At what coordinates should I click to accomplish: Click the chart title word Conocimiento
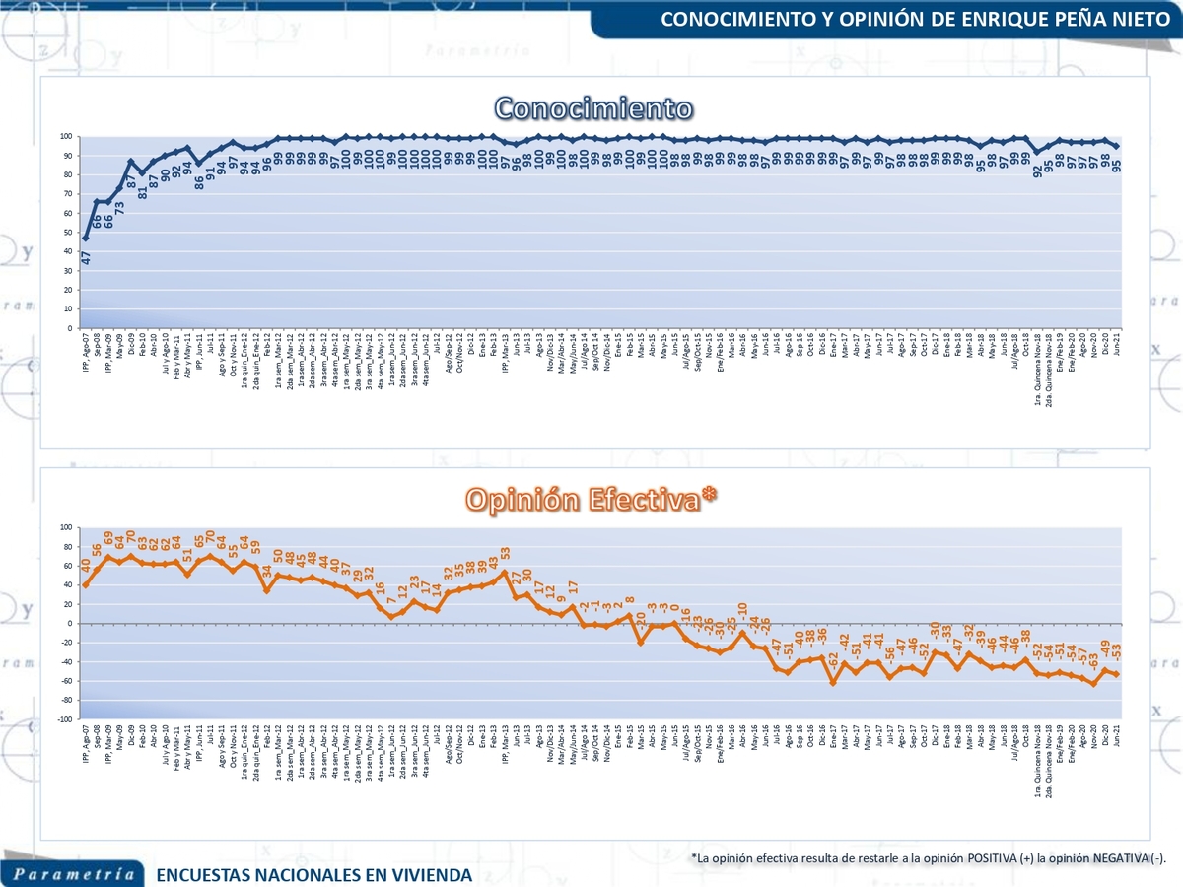tap(592, 107)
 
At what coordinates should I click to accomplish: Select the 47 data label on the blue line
tap(87, 256)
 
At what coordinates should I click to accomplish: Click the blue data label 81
tap(143, 191)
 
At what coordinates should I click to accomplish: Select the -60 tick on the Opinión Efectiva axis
tap(66, 681)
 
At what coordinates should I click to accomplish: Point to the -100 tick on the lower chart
tap(64, 719)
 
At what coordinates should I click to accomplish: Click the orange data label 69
tap(109, 538)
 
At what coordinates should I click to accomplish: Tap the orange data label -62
tap(833, 659)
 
